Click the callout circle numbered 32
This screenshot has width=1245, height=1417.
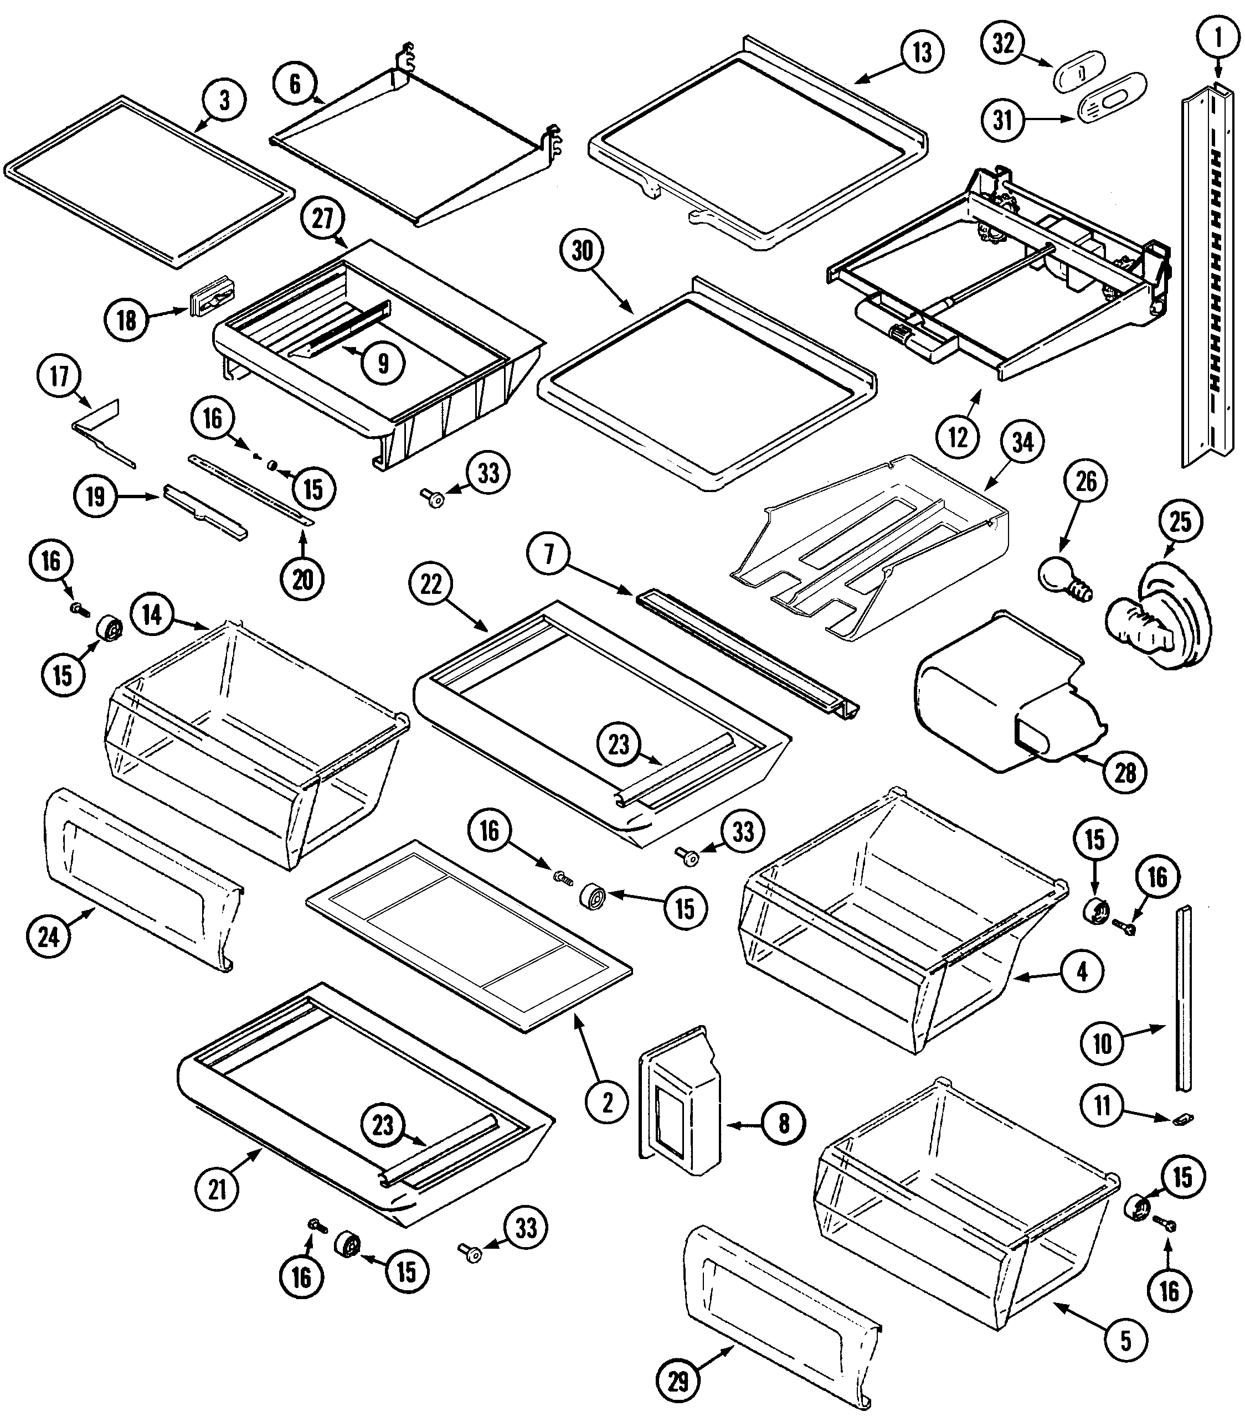1003,43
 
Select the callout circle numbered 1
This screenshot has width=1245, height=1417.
1218,38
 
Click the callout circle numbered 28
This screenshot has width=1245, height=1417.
1125,772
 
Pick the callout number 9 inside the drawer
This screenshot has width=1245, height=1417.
383,362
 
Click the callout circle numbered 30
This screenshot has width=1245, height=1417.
582,251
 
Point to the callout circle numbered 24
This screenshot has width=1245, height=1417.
49,937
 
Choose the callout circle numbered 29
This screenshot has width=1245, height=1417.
678,1380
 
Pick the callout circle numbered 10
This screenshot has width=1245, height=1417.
1102,1043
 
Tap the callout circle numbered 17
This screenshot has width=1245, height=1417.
60,376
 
